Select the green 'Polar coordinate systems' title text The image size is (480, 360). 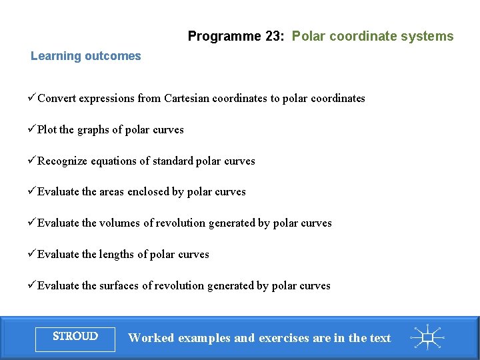coord(373,37)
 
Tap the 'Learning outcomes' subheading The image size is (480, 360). coord(86,56)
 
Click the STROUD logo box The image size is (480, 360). coord(75,337)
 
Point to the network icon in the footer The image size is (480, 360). coord(427,337)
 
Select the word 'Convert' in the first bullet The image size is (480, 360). coord(57,99)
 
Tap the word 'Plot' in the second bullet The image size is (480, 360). coord(47,130)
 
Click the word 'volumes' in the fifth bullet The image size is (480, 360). coord(120,223)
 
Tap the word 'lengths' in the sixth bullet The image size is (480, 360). coord(118,255)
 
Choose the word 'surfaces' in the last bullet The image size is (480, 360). coord(121,286)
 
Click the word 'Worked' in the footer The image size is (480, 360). coord(150,338)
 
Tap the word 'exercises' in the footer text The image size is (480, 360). coord(283,338)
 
